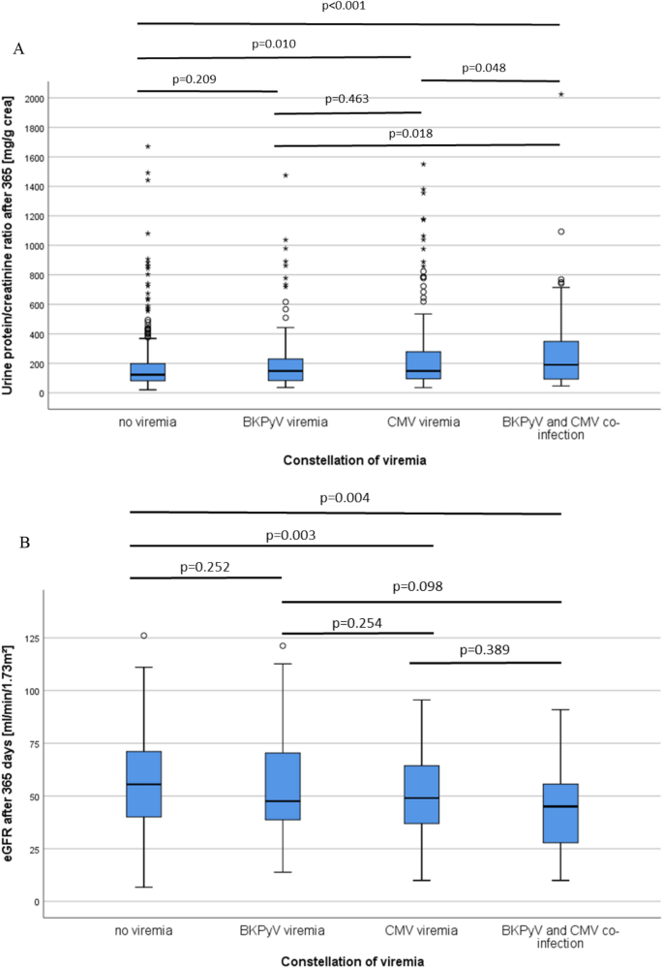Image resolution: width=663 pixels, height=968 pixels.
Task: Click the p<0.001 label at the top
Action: click(344, 7)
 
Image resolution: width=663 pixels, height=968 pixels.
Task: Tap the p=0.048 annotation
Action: click(484, 68)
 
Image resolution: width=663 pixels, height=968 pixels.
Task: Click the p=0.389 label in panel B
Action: click(483, 649)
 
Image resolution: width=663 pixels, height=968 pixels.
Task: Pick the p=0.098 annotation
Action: click(417, 587)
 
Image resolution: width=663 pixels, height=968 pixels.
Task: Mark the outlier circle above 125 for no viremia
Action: click(144, 636)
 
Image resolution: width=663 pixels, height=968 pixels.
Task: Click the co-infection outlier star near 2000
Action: click(561, 95)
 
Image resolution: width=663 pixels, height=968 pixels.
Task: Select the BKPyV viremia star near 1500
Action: click(286, 175)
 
